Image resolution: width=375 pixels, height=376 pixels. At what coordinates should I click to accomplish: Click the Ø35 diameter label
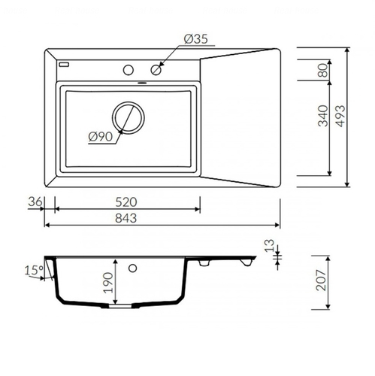196,39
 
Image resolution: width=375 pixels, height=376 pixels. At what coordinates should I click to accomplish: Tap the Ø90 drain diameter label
101,137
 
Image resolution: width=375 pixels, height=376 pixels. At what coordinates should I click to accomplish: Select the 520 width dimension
126,202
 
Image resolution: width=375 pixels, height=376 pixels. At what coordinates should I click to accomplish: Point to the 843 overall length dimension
126,218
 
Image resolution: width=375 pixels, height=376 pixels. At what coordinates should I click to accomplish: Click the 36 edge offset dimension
35,202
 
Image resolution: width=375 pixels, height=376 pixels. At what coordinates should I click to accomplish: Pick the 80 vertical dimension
322,70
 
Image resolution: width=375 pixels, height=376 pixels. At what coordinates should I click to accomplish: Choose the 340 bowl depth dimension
322,116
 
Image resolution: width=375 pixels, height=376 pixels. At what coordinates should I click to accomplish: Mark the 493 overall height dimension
340,116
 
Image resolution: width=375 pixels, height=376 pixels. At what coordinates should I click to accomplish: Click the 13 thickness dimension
270,246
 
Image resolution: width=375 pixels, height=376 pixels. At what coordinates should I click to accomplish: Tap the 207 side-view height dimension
321,280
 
